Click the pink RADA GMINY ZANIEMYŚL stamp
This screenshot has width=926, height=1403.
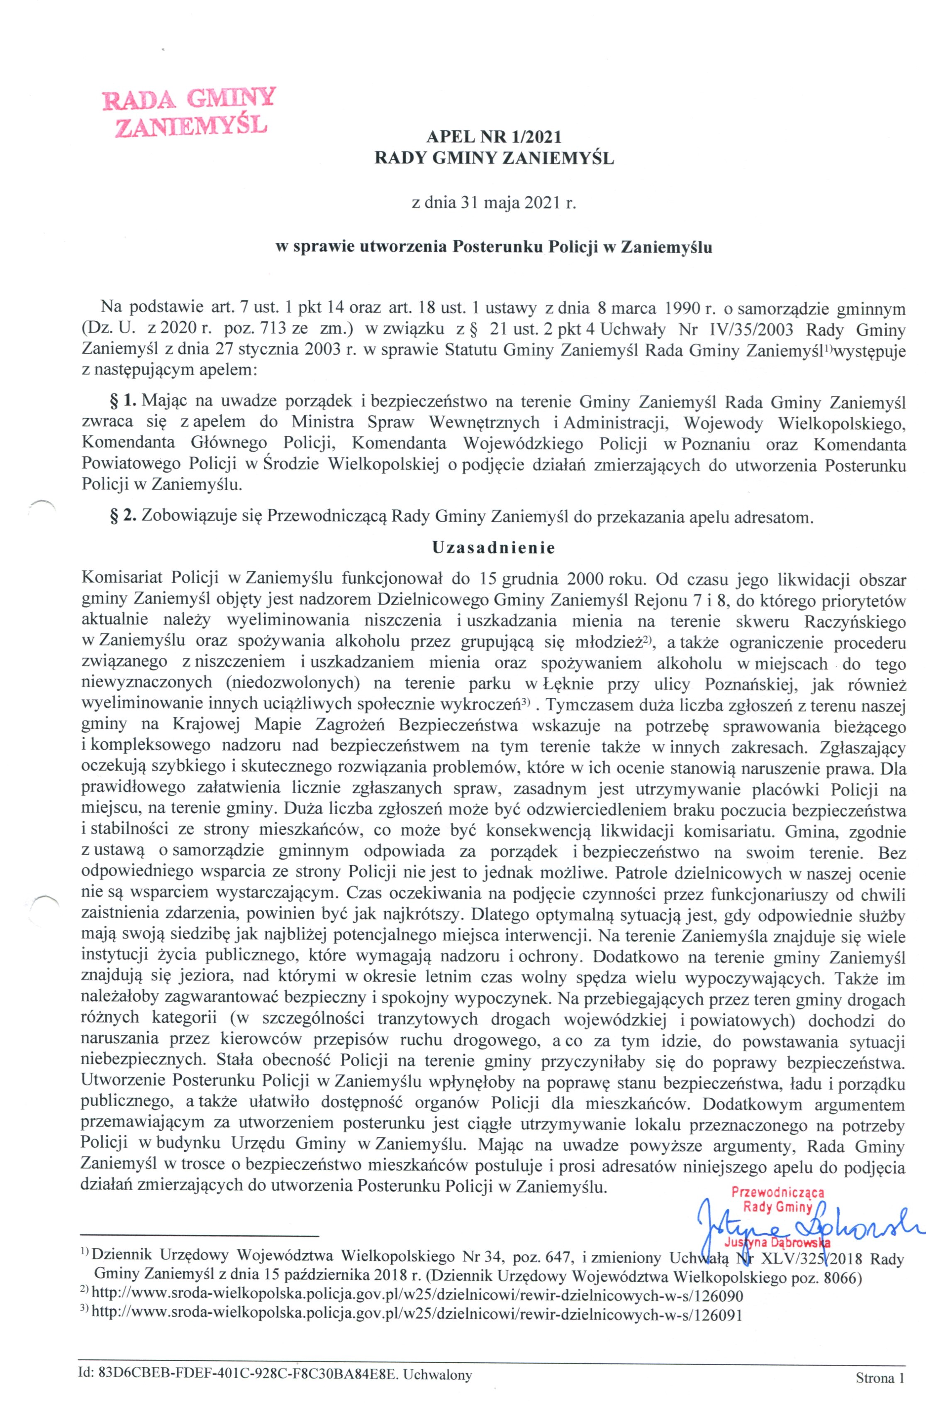point(188,112)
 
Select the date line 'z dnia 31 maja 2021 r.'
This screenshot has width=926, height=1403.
point(493,204)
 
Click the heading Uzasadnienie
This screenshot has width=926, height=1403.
point(494,548)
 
